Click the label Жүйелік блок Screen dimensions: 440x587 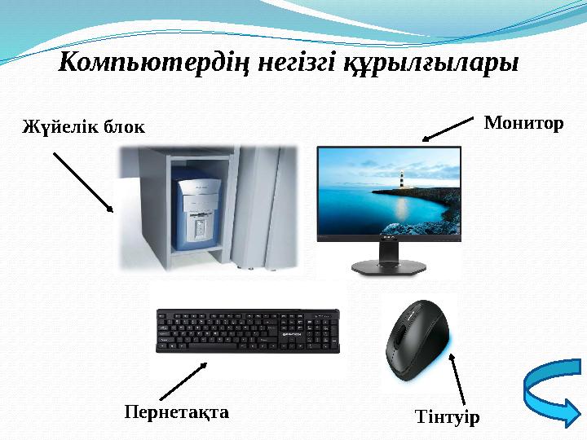click(82, 127)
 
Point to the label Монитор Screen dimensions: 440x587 click(523, 124)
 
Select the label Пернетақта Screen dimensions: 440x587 click(176, 411)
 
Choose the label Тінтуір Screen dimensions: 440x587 click(448, 417)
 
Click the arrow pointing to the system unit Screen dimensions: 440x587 click(83, 182)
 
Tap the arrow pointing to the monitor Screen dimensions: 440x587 click(448, 128)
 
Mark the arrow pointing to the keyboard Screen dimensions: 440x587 click(187, 381)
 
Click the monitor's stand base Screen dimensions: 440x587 click(388, 266)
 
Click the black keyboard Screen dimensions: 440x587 click(247, 331)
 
